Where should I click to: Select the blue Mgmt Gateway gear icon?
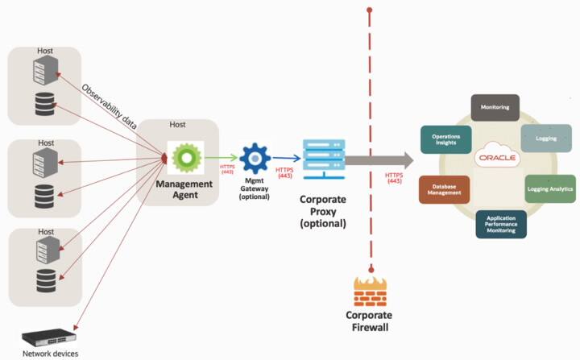coord(255,159)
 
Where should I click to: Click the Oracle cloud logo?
coord(496,156)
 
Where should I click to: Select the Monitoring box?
coord(494,107)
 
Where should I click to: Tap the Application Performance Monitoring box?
coord(500,224)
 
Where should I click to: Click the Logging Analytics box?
coord(549,188)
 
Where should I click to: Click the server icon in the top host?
coord(47,71)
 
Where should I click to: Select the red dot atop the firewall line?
coord(370,10)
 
